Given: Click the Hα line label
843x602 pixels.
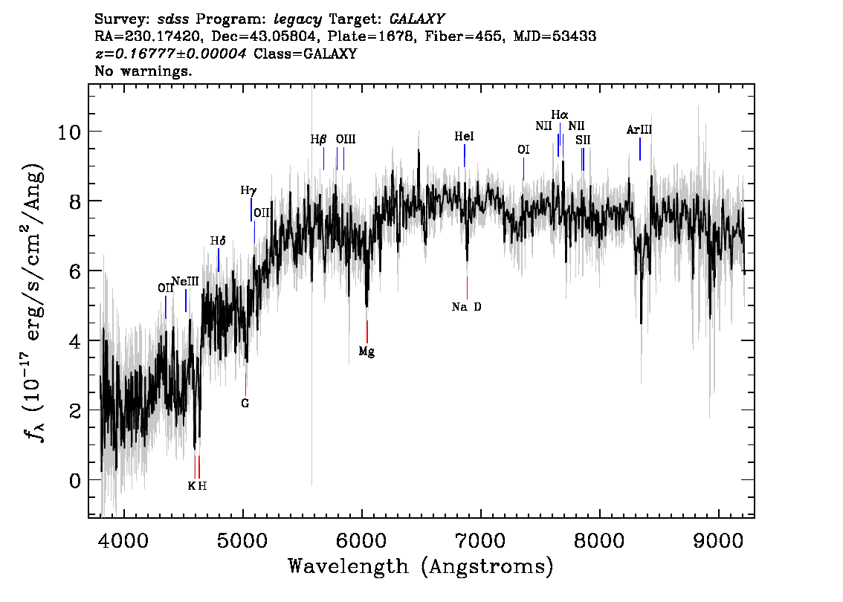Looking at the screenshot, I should (560, 115).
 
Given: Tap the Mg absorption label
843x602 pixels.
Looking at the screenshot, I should (366, 352).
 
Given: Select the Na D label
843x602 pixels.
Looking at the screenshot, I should (467, 307).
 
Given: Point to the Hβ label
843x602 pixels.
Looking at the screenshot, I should (318, 139).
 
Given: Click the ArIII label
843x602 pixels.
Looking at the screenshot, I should (639, 129).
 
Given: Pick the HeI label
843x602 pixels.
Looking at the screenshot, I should (464, 137).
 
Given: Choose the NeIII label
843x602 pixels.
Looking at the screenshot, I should (185, 281).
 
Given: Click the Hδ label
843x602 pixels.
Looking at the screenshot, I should (217, 241).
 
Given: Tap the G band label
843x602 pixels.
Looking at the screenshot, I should (245, 404).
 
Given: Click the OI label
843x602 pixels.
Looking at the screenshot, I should (523, 149).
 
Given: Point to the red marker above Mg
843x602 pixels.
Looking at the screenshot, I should (367, 331).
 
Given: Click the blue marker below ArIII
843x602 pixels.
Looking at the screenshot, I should (639, 149).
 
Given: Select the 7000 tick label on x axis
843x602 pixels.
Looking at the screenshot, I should (480, 537).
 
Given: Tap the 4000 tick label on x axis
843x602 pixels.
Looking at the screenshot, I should (123, 537).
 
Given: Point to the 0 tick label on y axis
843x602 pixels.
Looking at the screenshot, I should (75, 480).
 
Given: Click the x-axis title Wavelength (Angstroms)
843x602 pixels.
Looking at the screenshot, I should (421, 566).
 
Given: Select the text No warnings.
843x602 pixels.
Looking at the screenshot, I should (143, 72).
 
